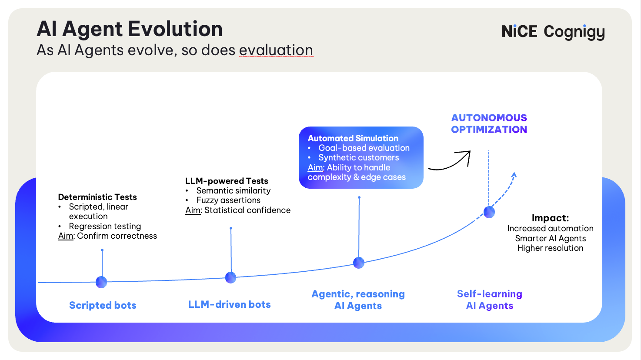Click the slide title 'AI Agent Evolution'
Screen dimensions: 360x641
pyautogui.click(x=129, y=30)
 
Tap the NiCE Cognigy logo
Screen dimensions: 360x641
pyautogui.click(x=553, y=32)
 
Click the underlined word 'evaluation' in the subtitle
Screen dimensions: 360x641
pyautogui.click(x=276, y=50)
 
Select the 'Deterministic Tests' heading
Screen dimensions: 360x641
pyautogui.click(x=97, y=197)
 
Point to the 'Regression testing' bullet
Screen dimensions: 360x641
pyautogui.click(x=105, y=226)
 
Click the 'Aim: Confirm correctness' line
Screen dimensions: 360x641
pyautogui.click(x=107, y=236)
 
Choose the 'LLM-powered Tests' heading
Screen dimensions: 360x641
pyautogui.click(x=227, y=181)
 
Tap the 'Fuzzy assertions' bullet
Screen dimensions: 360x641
pyautogui.click(x=228, y=200)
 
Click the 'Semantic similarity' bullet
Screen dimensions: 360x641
pyautogui.click(x=233, y=190)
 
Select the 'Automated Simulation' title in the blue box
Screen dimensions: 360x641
pyautogui.click(x=353, y=138)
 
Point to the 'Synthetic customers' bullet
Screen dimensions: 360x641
pyautogui.click(x=358, y=157)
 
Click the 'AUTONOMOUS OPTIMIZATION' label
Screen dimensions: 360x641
pyautogui.click(x=489, y=123)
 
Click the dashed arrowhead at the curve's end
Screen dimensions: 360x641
pyautogui.click(x=514, y=175)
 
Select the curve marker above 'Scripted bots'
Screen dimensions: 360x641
pyautogui.click(x=101, y=282)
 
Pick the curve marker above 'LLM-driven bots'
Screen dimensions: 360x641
pyautogui.click(x=230, y=277)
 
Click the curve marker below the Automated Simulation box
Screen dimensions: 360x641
pyautogui.click(x=359, y=263)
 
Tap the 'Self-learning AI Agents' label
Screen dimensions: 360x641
pyautogui.click(x=490, y=300)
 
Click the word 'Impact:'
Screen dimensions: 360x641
pyautogui.click(x=550, y=218)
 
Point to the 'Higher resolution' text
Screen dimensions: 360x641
pyautogui.click(x=550, y=248)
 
